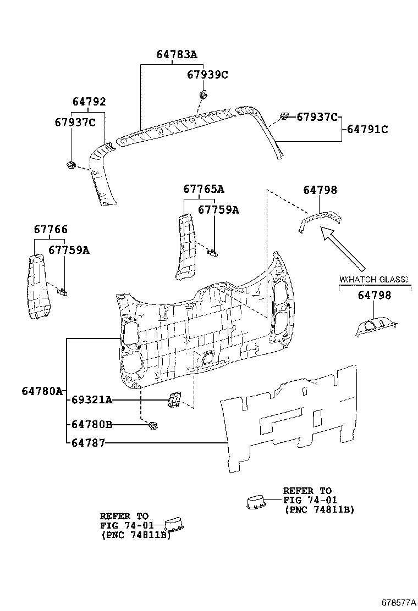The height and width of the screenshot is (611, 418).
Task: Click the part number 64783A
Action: pos(177,54)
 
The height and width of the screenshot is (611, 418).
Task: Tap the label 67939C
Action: pos(207,75)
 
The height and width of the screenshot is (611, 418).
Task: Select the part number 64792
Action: pos(89,102)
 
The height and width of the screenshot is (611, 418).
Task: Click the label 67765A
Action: pos(204,189)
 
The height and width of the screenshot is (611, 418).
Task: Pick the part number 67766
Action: pos(51,229)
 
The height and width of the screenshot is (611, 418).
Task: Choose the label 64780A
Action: pos(42,391)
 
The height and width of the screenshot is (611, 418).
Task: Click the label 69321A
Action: pos(92,400)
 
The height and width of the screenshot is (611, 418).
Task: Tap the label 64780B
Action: pos(92,424)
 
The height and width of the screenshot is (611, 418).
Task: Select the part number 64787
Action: pos(88,443)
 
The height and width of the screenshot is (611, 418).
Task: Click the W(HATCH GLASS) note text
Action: pos(374,280)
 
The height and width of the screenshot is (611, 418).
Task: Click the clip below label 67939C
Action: pos(204,94)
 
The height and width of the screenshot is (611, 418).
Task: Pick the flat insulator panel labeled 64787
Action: pos(291,418)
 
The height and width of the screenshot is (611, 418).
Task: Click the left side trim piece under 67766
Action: pos(37,286)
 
